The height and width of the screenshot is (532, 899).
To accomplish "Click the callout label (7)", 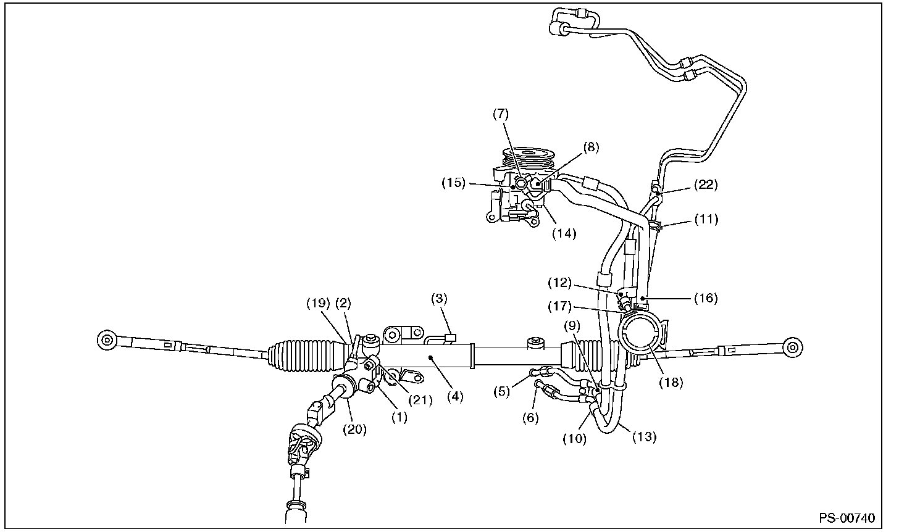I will click(500, 114).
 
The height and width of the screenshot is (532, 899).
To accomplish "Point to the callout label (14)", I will click(564, 233).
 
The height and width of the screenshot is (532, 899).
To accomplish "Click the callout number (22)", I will click(706, 184).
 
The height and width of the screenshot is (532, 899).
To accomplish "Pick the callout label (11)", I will click(706, 218).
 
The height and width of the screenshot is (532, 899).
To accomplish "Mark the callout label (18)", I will click(671, 382).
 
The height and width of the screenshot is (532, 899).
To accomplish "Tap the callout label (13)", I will click(644, 436).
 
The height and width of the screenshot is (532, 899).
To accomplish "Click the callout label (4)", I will click(455, 396).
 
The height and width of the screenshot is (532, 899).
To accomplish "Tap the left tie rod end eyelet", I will click(106, 339).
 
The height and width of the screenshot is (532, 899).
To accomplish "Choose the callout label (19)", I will click(319, 302).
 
